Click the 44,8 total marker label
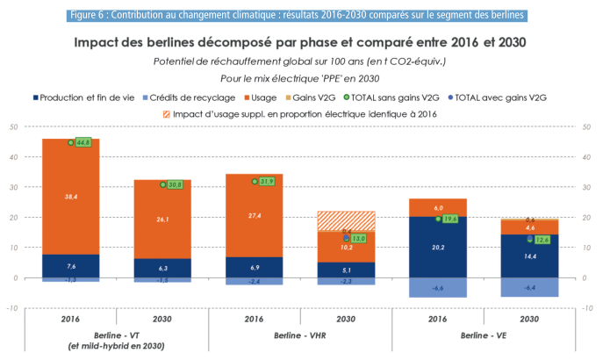[84, 142]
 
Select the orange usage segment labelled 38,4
[71, 197]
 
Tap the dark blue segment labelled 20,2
[438, 248]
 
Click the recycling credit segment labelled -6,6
[438, 287]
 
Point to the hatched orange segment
[346, 220]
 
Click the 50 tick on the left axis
[13, 127]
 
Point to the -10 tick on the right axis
[588, 308]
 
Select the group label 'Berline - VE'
[483, 335]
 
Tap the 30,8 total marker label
[176, 184]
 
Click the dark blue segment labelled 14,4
[529, 256]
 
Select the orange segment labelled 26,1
[163, 220]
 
